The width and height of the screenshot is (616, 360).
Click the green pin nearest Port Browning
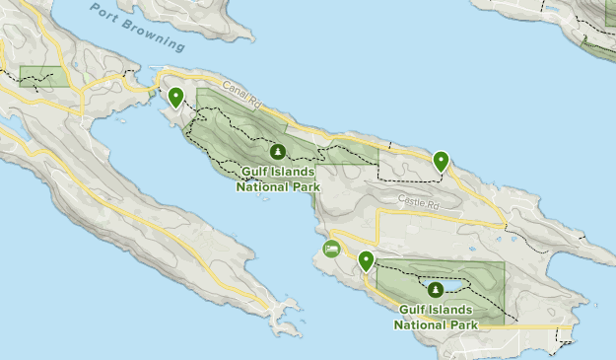point(175,97)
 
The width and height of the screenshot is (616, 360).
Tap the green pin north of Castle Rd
point(441,160)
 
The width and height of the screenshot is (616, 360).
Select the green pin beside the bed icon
point(366,261)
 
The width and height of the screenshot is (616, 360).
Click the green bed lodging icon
point(331,249)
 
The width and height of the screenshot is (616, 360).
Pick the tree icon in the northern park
point(278,152)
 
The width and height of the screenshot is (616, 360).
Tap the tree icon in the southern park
point(435,289)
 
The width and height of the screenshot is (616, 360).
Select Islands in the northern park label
point(294,172)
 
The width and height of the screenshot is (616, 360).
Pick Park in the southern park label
point(462,323)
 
